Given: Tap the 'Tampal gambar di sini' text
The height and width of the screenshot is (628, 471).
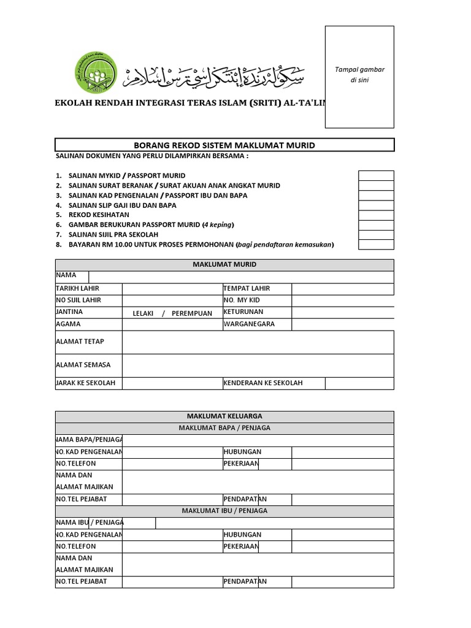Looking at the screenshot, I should tap(359, 75).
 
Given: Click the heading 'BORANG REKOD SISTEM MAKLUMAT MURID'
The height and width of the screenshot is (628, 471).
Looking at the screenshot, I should tap(224, 145).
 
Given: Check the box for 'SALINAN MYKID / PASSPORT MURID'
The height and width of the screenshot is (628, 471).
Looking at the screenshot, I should tap(376, 175).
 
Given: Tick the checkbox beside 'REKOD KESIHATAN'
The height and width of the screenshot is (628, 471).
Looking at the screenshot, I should tap(376, 215).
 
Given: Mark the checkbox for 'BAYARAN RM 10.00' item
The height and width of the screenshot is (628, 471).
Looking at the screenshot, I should tap(376, 245).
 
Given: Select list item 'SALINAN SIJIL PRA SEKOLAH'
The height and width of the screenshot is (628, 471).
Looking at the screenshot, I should tap(113, 235).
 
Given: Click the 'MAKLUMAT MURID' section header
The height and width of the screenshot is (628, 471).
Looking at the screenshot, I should tap(224, 265).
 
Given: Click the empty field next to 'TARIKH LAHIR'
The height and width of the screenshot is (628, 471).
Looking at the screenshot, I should tap(172, 289).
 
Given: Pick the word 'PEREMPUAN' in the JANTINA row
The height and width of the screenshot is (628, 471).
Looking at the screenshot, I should tap(192, 313).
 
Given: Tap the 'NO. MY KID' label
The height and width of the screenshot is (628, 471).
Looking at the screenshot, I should tap(242, 301).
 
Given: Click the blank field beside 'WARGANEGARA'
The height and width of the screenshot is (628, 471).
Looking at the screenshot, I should tap(342, 324).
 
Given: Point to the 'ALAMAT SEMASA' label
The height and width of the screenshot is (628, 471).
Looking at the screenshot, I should tap(84, 365).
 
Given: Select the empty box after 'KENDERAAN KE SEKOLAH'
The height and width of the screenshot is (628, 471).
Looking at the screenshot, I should tap(359, 383).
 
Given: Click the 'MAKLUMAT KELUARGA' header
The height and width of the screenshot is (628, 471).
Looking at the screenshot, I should tap(224, 416).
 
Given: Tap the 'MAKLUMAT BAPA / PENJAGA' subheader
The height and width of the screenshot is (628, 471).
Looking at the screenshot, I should tap(224, 428).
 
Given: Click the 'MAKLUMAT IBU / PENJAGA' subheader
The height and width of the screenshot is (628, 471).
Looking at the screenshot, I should tap(224, 511).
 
